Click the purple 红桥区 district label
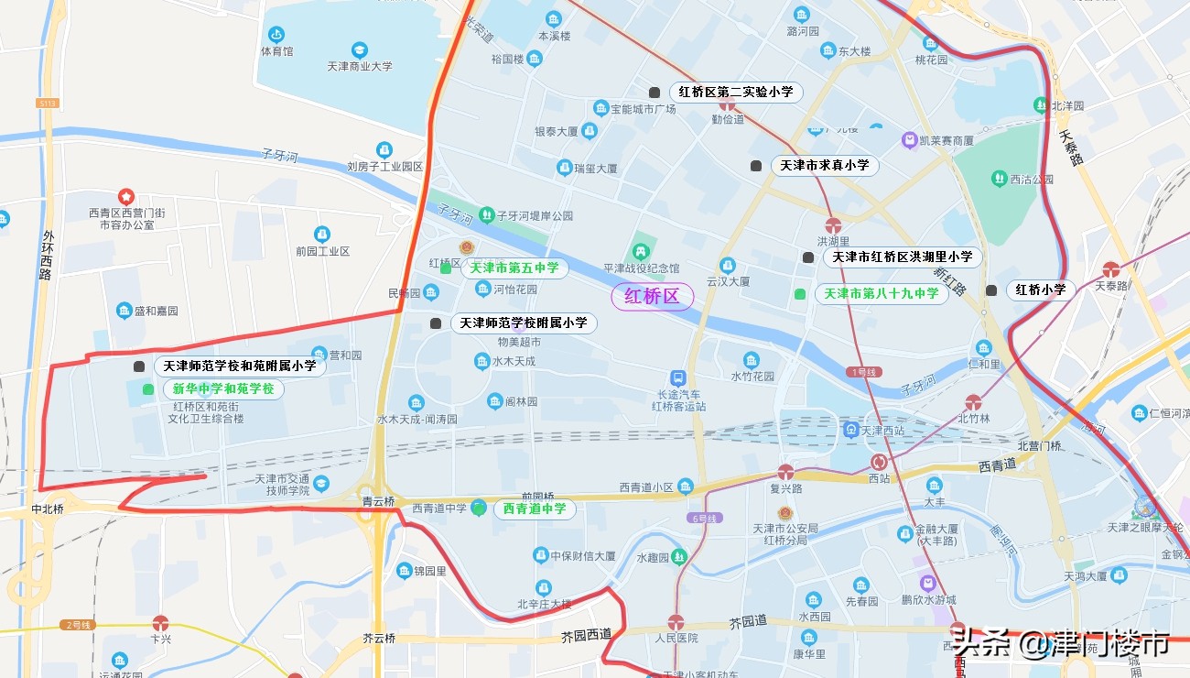[652, 297]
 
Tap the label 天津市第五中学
[514, 268]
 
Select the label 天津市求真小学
[824, 166]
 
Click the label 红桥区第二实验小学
[735, 93]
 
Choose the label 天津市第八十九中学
[881, 294]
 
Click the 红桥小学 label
[1042, 290]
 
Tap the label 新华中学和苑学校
[223, 389]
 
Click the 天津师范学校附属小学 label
[523, 323]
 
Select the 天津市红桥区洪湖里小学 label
[902, 257]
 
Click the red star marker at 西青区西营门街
[126, 196]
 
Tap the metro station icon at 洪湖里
[833, 225]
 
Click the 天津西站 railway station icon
[850, 430]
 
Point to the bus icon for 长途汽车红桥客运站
[677, 377]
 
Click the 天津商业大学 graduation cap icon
[360, 49]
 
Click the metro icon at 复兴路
[785, 472]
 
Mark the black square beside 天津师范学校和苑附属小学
[139, 366]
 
